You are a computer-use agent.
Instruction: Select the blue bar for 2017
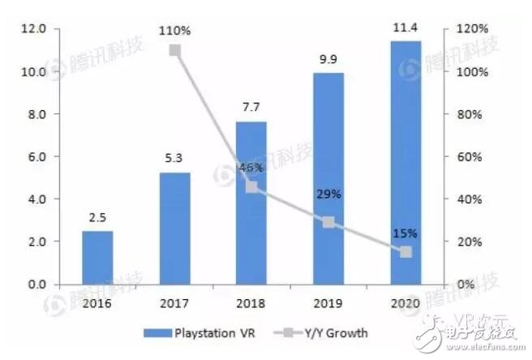[174, 229]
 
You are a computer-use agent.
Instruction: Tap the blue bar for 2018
[251, 203]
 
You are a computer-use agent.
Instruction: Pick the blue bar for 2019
[328, 178]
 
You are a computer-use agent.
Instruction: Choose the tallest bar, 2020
[405, 162]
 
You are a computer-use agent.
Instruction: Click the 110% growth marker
[174, 50]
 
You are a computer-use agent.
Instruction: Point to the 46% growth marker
[251, 186]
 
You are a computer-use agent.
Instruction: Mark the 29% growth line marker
[328, 222]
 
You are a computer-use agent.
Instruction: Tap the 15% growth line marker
[405, 252]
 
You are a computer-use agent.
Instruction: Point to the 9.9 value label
[328, 61]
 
